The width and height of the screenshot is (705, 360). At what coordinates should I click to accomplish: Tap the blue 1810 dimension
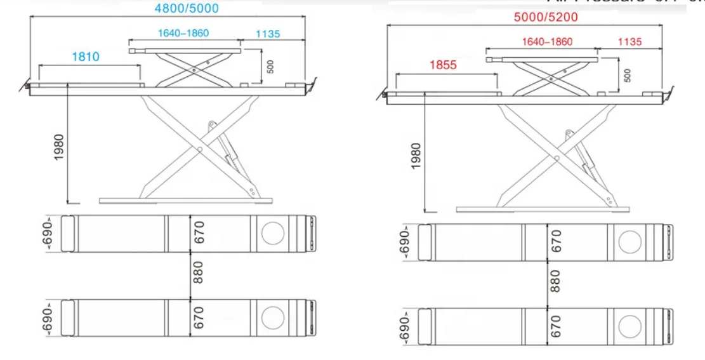(x=85, y=57)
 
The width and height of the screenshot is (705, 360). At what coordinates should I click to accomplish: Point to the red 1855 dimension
(x=445, y=65)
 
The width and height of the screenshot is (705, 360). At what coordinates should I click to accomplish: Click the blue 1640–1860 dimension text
(x=182, y=33)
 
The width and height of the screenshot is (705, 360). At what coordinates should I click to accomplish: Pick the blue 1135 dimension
(x=267, y=34)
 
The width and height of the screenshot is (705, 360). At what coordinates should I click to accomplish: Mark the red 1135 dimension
(x=629, y=42)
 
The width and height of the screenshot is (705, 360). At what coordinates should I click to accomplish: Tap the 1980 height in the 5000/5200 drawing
(x=416, y=156)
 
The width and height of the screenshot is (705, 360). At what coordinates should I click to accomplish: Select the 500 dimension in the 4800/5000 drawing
(x=271, y=67)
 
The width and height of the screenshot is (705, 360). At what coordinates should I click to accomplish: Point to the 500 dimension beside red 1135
(x=628, y=75)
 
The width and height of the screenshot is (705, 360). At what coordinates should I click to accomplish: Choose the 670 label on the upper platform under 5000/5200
(x=556, y=241)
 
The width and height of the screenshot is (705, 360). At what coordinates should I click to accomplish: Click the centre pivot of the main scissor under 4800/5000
(x=199, y=150)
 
